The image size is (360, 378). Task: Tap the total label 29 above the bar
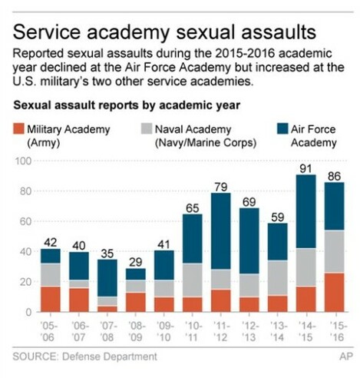coord(136,261)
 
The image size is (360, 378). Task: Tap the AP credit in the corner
coord(344,356)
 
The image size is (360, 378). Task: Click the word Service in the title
coord(54,32)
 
